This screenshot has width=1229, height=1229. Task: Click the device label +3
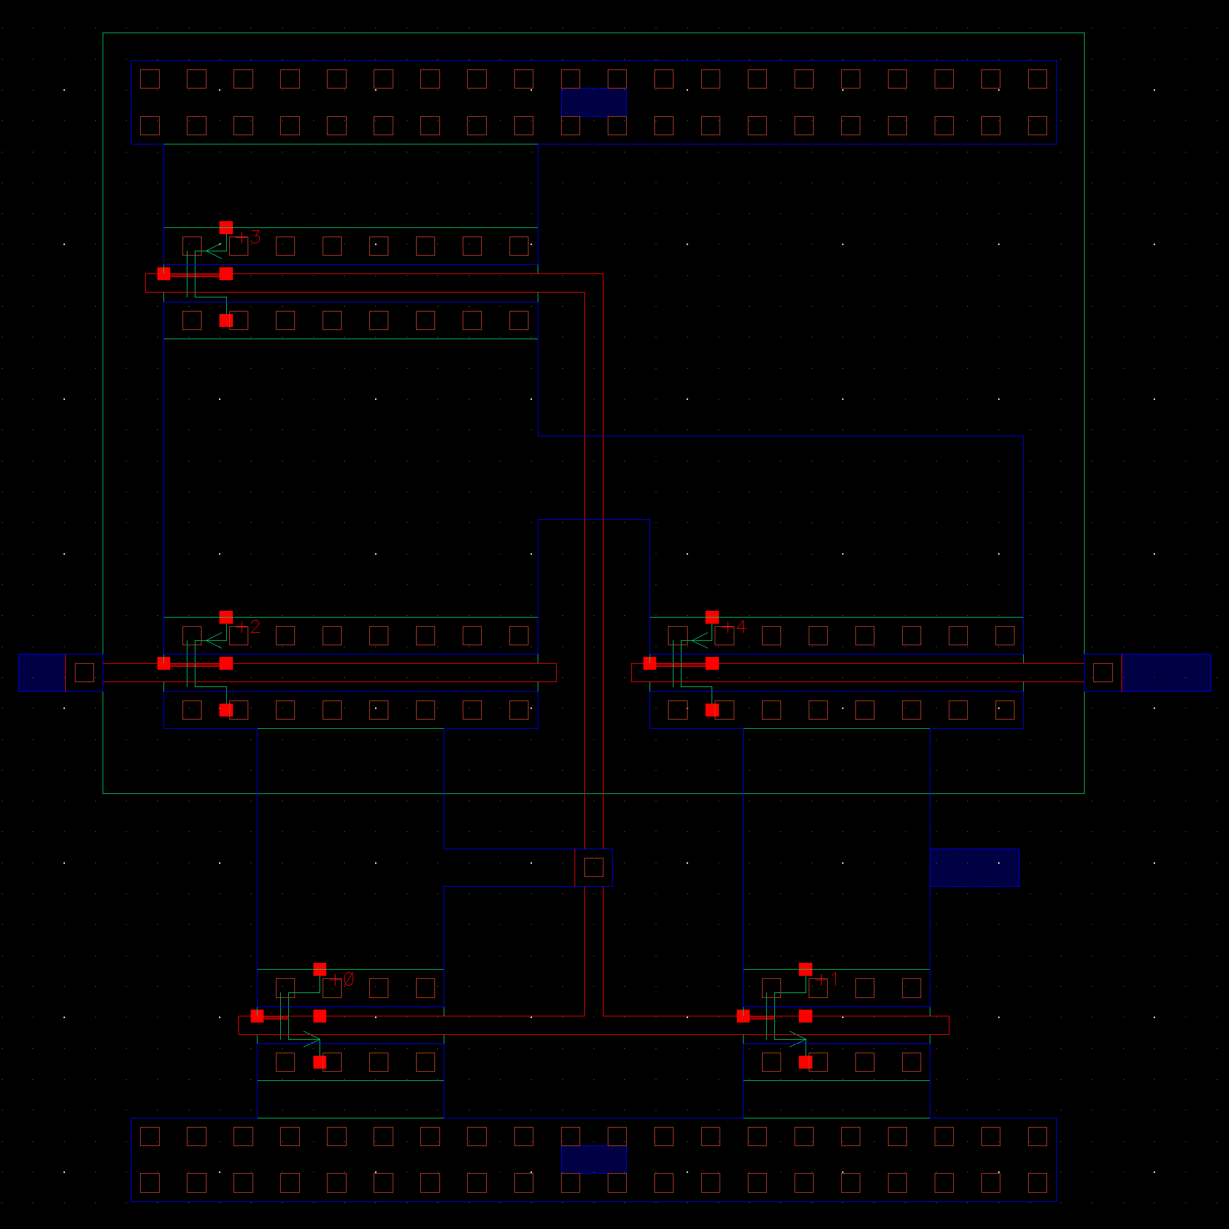click(250, 237)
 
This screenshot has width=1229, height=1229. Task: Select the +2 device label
click(250, 627)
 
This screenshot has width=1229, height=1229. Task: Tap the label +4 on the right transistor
click(736, 627)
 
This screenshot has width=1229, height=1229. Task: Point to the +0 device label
click(343, 980)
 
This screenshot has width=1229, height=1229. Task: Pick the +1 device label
click(828, 980)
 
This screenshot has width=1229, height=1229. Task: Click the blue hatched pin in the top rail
click(594, 103)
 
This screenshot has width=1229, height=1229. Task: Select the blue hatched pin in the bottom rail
click(594, 1159)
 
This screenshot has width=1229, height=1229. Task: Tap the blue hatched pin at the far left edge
click(42, 672)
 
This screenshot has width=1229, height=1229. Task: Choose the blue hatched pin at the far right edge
click(1166, 672)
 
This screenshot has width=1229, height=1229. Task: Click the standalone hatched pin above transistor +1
click(975, 867)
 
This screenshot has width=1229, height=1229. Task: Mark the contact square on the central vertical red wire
click(594, 867)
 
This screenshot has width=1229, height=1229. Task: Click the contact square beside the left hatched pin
click(85, 672)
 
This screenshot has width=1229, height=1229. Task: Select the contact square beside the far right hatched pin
click(1102, 672)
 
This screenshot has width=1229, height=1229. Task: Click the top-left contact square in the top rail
click(149, 79)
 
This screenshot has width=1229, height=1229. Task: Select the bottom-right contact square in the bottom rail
click(1037, 1182)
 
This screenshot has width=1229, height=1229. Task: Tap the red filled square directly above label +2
click(226, 617)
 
